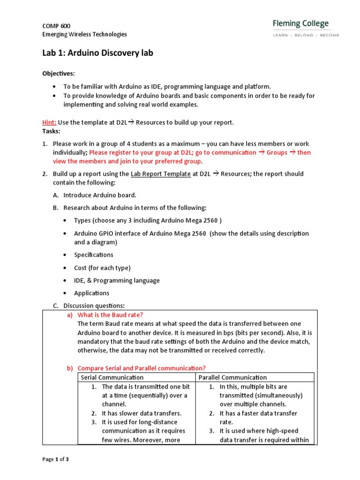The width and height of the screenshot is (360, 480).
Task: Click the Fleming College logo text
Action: tap(300, 24)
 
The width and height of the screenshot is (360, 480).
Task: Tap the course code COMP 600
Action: tap(56, 26)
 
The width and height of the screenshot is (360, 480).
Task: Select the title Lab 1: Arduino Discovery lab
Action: tap(97, 53)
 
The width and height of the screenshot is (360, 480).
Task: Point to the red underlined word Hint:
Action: tap(49, 122)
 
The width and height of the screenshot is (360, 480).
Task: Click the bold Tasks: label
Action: tap(51, 131)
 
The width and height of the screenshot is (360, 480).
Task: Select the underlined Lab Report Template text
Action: tap(161, 174)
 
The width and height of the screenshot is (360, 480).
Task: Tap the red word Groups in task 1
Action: tap(277, 152)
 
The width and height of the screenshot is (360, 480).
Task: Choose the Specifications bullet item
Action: tap(93, 255)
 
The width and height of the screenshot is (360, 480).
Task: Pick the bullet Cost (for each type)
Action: tap(102, 268)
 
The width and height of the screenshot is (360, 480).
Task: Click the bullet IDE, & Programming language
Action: tap(117, 280)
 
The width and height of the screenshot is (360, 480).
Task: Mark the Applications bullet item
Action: tap(91, 293)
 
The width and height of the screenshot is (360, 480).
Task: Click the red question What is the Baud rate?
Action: tap(110, 315)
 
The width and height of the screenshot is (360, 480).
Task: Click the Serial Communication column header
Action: tap(112, 377)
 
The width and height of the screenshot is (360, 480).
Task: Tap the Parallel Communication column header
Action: tap(232, 377)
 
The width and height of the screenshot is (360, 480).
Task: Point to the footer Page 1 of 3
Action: tap(55, 459)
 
